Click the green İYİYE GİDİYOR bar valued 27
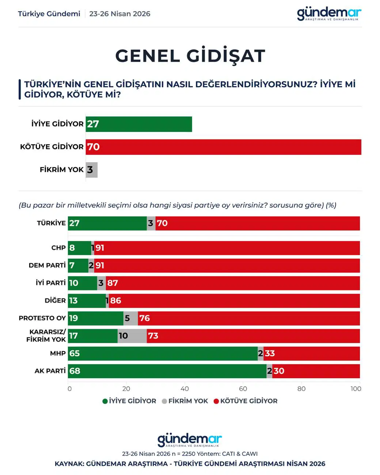coord(139,124)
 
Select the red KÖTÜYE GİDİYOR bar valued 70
coord(224,147)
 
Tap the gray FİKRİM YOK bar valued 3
coord(92,170)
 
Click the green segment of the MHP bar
coord(163,353)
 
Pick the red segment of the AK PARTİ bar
coord(316,371)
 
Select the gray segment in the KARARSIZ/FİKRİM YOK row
coord(132,336)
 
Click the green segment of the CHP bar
coord(80,248)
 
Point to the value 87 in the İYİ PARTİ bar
coord(113,283)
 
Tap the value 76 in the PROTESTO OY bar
coord(145,318)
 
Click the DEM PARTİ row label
coord(47,265)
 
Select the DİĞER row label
coord(55,300)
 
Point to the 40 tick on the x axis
coord(185,389)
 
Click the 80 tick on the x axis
coord(301,389)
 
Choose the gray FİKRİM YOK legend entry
coord(185,401)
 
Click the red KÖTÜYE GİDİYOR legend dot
coord(216,401)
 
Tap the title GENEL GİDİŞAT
coord(190,56)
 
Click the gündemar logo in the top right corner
coord(329,14)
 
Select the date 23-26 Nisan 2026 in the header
coord(120,14)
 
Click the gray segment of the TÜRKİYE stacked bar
coord(151,223)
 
